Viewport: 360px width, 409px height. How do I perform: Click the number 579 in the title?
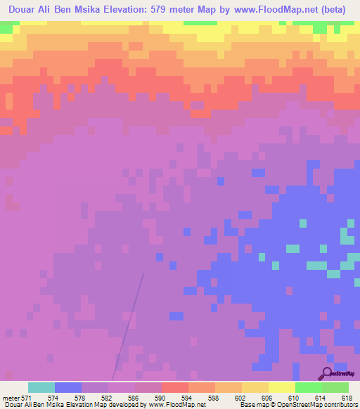coord(172,8)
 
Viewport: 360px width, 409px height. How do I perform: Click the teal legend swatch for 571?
coord(41,387)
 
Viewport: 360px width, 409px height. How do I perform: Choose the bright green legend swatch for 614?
coord(309,387)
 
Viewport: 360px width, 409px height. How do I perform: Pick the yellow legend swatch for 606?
coord(255,387)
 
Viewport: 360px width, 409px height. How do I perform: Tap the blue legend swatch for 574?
coord(68,387)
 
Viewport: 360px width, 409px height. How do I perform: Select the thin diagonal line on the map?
coord(130,323)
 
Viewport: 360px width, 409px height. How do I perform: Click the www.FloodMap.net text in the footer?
coord(177,405)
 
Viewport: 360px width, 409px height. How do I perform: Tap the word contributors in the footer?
coord(340,405)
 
